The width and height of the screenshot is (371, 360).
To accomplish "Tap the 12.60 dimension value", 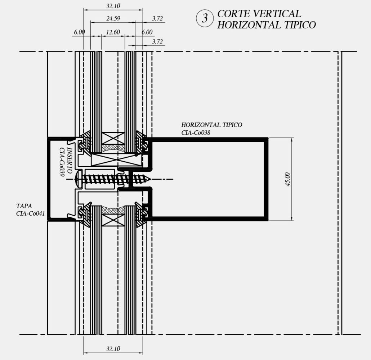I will (x=113, y=32).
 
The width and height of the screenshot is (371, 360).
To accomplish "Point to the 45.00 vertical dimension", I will (x=287, y=179).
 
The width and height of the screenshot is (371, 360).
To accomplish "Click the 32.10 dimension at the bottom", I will (x=113, y=348).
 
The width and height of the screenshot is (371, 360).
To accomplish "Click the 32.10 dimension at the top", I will (x=113, y=5).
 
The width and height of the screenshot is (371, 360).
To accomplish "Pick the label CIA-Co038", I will (x=196, y=132).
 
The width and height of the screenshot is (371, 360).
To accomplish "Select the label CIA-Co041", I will (x=30, y=213).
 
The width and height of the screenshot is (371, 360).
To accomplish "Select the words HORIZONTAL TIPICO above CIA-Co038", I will (x=211, y=125).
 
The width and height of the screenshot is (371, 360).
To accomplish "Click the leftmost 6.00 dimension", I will (x=79, y=32).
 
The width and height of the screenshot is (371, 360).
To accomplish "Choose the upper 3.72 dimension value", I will (x=157, y=18).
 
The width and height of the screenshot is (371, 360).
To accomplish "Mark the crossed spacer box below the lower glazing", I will (x=113, y=220).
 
